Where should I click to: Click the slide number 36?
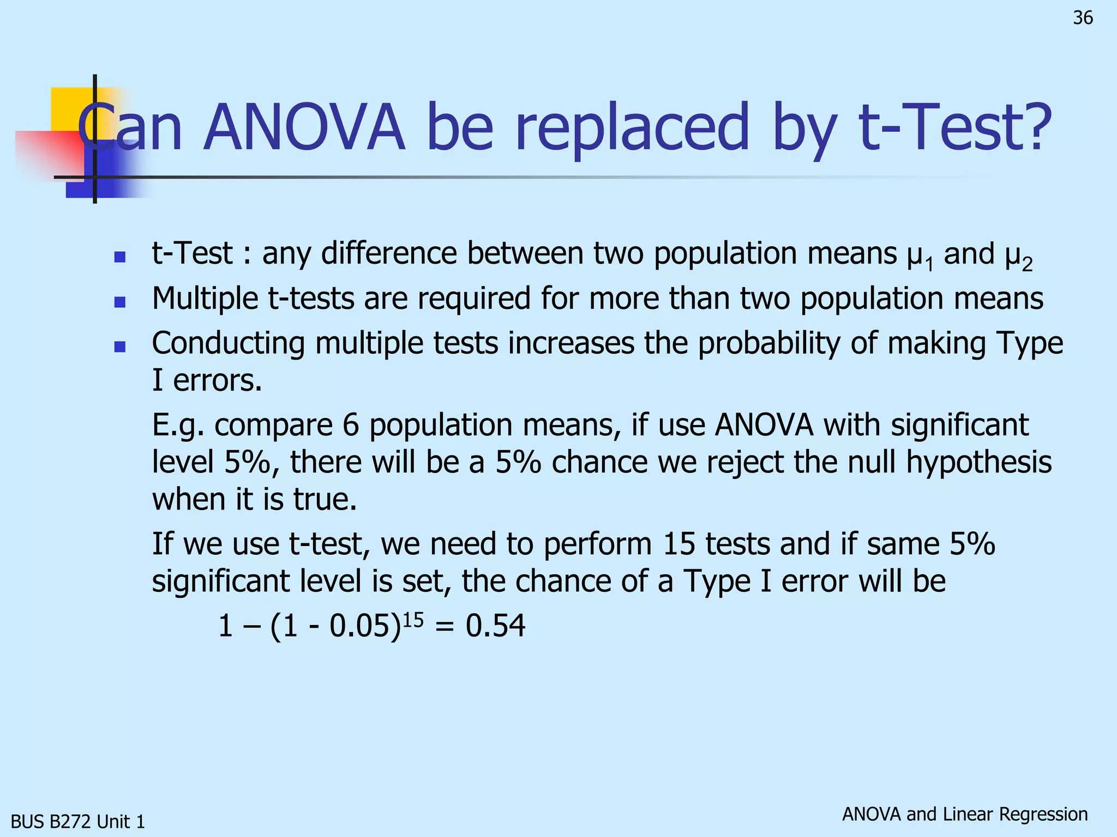point(1083,18)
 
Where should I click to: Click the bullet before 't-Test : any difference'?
point(120,257)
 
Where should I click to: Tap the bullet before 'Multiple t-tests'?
point(120,301)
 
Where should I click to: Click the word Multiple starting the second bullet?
point(205,299)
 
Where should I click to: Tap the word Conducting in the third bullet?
point(228,344)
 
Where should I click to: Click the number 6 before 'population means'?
point(351,425)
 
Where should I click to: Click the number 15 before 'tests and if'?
point(678,544)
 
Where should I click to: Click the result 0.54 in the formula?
point(495,626)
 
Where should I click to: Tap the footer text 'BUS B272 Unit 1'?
point(78,821)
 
